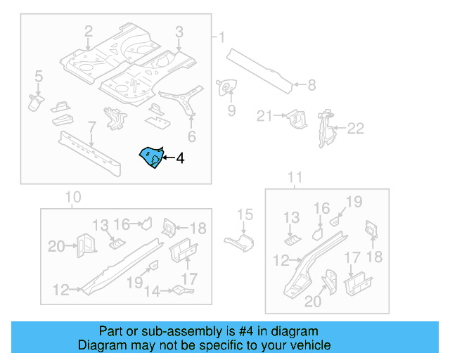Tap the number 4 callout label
pyautogui.click(x=180, y=159)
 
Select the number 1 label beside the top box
pyautogui.click(x=222, y=37)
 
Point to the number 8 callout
pyautogui.click(x=311, y=86)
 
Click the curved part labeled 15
pyautogui.click(x=240, y=242)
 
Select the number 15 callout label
pyautogui.click(x=244, y=215)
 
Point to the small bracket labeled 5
pyautogui.click(x=34, y=101)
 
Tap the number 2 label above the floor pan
pyautogui.click(x=89, y=31)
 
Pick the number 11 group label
pyautogui.click(x=295, y=177)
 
